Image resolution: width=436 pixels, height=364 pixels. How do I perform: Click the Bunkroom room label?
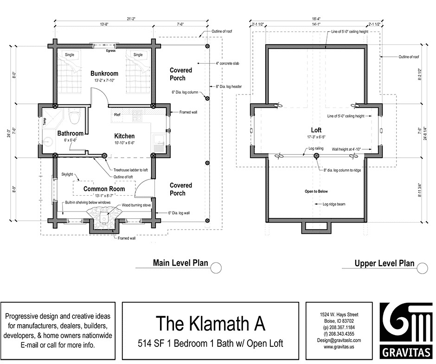point(104,73)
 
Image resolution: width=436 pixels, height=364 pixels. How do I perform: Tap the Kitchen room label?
point(124,136)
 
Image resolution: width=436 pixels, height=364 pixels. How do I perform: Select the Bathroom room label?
point(70,134)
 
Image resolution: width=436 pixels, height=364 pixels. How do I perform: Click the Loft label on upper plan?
point(317,130)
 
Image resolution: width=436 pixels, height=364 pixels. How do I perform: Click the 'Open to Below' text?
point(316,191)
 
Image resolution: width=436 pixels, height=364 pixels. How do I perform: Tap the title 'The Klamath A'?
point(210,323)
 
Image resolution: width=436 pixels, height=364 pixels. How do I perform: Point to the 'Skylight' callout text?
point(68,174)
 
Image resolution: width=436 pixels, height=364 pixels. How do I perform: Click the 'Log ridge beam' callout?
point(334,204)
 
